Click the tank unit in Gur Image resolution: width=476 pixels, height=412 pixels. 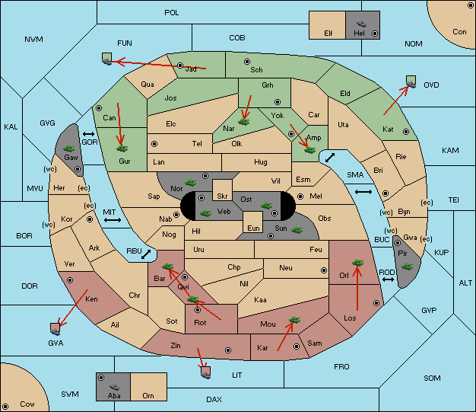122,149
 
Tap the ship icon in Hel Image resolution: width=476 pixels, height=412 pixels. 361,24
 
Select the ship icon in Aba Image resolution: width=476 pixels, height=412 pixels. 114,387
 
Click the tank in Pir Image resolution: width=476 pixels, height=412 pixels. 407,267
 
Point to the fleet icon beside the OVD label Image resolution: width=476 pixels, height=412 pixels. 411,81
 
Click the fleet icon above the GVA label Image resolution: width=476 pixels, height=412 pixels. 56,329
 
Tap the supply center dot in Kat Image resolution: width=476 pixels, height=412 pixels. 406,132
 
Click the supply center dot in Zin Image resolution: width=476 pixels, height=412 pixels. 228,350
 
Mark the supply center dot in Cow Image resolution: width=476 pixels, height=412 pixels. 5,407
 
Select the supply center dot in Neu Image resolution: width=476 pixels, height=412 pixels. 324,270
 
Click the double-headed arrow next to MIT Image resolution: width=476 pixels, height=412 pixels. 113,220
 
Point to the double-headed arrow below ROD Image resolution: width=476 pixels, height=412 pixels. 388,279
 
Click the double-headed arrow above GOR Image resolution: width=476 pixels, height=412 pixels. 89,134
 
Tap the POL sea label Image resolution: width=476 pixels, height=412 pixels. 172,13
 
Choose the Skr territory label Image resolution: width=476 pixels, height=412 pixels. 222,196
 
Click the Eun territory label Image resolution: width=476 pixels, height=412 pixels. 253,228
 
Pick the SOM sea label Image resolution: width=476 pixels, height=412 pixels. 432,378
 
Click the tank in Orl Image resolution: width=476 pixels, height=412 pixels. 357,263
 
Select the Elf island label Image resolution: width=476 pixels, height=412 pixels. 328,33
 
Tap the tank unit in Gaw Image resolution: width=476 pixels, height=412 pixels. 69,149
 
